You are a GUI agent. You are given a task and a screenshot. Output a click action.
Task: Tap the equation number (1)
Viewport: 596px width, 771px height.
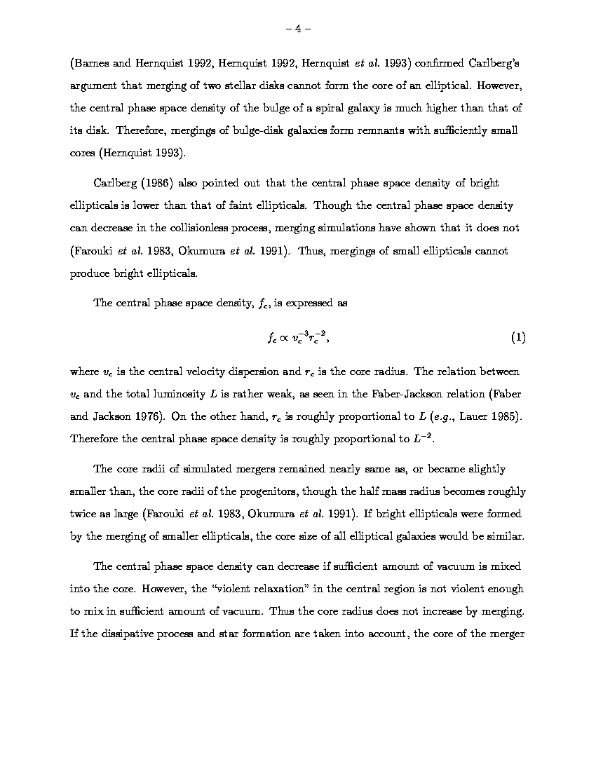click(518, 337)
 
